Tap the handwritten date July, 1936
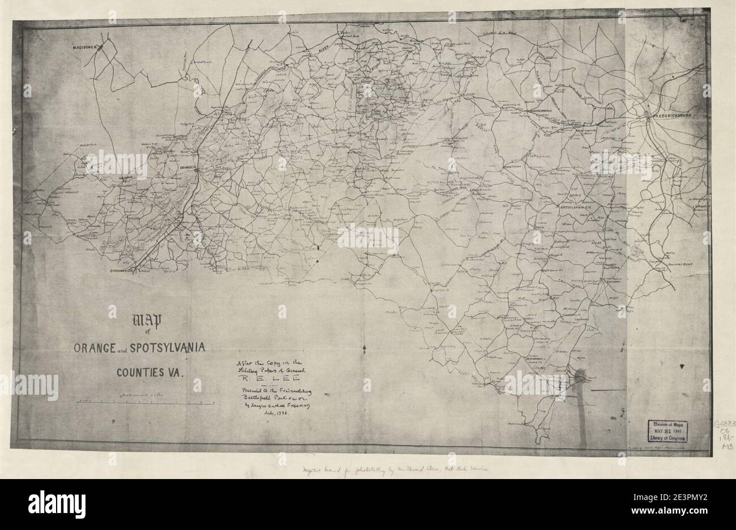tap(274, 414)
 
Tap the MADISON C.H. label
tap(86, 48)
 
